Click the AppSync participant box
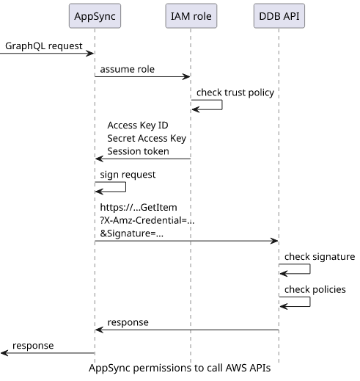coord(95,16)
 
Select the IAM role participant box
coord(191,16)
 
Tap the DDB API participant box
coord(279,16)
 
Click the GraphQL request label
coord(44,46)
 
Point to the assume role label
coord(128,69)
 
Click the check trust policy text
coord(235,92)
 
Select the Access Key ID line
coord(138,126)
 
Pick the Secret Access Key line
coord(147,138)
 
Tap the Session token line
coord(138,151)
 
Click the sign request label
coord(128,175)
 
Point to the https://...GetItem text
coord(139,208)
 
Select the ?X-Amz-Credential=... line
coord(147,220)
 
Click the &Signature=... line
coord(132,233)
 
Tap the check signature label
coord(320,257)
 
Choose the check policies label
coord(315,289)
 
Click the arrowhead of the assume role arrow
coord(187,76)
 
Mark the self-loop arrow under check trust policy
coord(222,105)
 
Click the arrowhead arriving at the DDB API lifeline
coord(274,241)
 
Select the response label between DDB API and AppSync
coord(128,322)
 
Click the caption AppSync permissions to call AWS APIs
coord(180,368)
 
